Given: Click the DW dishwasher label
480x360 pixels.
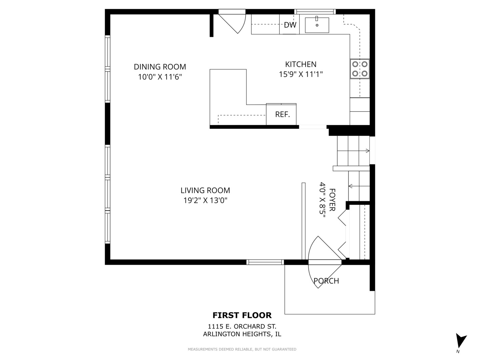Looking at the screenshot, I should click(290, 25).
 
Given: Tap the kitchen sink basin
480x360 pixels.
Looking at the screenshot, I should click(317, 25).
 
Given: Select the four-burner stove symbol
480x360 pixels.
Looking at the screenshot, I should click(360, 69).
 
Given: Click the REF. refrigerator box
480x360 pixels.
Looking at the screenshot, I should click(282, 114).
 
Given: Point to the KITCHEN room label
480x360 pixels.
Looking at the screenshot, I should click(301, 64).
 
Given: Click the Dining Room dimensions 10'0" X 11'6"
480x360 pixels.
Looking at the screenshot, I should click(160, 77).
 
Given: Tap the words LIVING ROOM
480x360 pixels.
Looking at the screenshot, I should click(205, 190).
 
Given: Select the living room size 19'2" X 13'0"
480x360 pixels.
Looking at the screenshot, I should click(205, 200).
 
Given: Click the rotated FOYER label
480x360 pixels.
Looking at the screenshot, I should click(332, 200).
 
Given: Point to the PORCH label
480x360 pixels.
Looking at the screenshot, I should click(326, 281).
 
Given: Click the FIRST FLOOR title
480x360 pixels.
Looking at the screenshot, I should click(242, 315).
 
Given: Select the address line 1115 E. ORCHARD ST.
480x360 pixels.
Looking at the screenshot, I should click(242, 327).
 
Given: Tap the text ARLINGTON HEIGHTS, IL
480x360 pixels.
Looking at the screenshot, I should click(242, 334).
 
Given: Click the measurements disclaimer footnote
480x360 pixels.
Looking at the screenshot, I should click(242, 349).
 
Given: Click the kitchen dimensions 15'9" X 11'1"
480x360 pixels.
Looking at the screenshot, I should click(301, 74).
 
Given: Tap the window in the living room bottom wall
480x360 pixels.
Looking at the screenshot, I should click(265, 262).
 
